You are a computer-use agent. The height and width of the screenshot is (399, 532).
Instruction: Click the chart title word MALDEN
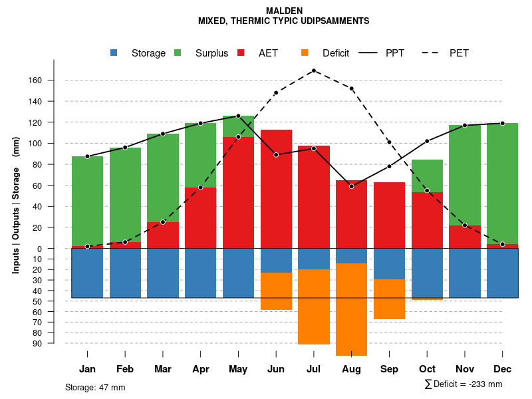point(284,11)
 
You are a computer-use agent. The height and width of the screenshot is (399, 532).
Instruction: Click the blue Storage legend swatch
point(114,53)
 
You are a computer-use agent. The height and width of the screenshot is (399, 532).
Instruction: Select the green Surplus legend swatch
point(178,53)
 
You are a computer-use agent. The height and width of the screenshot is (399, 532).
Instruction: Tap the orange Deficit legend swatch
point(305,53)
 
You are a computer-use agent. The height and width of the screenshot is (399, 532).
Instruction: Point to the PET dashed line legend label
point(459,53)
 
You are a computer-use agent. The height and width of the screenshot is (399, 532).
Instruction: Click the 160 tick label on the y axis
point(53,80)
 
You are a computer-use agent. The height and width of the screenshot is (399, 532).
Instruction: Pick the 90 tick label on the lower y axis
point(56,343)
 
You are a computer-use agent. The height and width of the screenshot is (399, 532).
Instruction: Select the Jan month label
point(87,369)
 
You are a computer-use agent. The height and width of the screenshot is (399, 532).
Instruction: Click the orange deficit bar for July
point(314,307)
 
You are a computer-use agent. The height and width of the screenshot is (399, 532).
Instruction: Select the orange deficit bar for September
point(389,299)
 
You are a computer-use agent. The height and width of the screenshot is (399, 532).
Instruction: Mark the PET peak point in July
point(313,70)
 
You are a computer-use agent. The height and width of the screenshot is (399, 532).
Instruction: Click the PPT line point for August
point(351,186)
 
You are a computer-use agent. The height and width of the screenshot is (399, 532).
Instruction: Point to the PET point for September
point(389,142)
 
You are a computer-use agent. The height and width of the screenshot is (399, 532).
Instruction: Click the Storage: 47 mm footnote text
point(95,387)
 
